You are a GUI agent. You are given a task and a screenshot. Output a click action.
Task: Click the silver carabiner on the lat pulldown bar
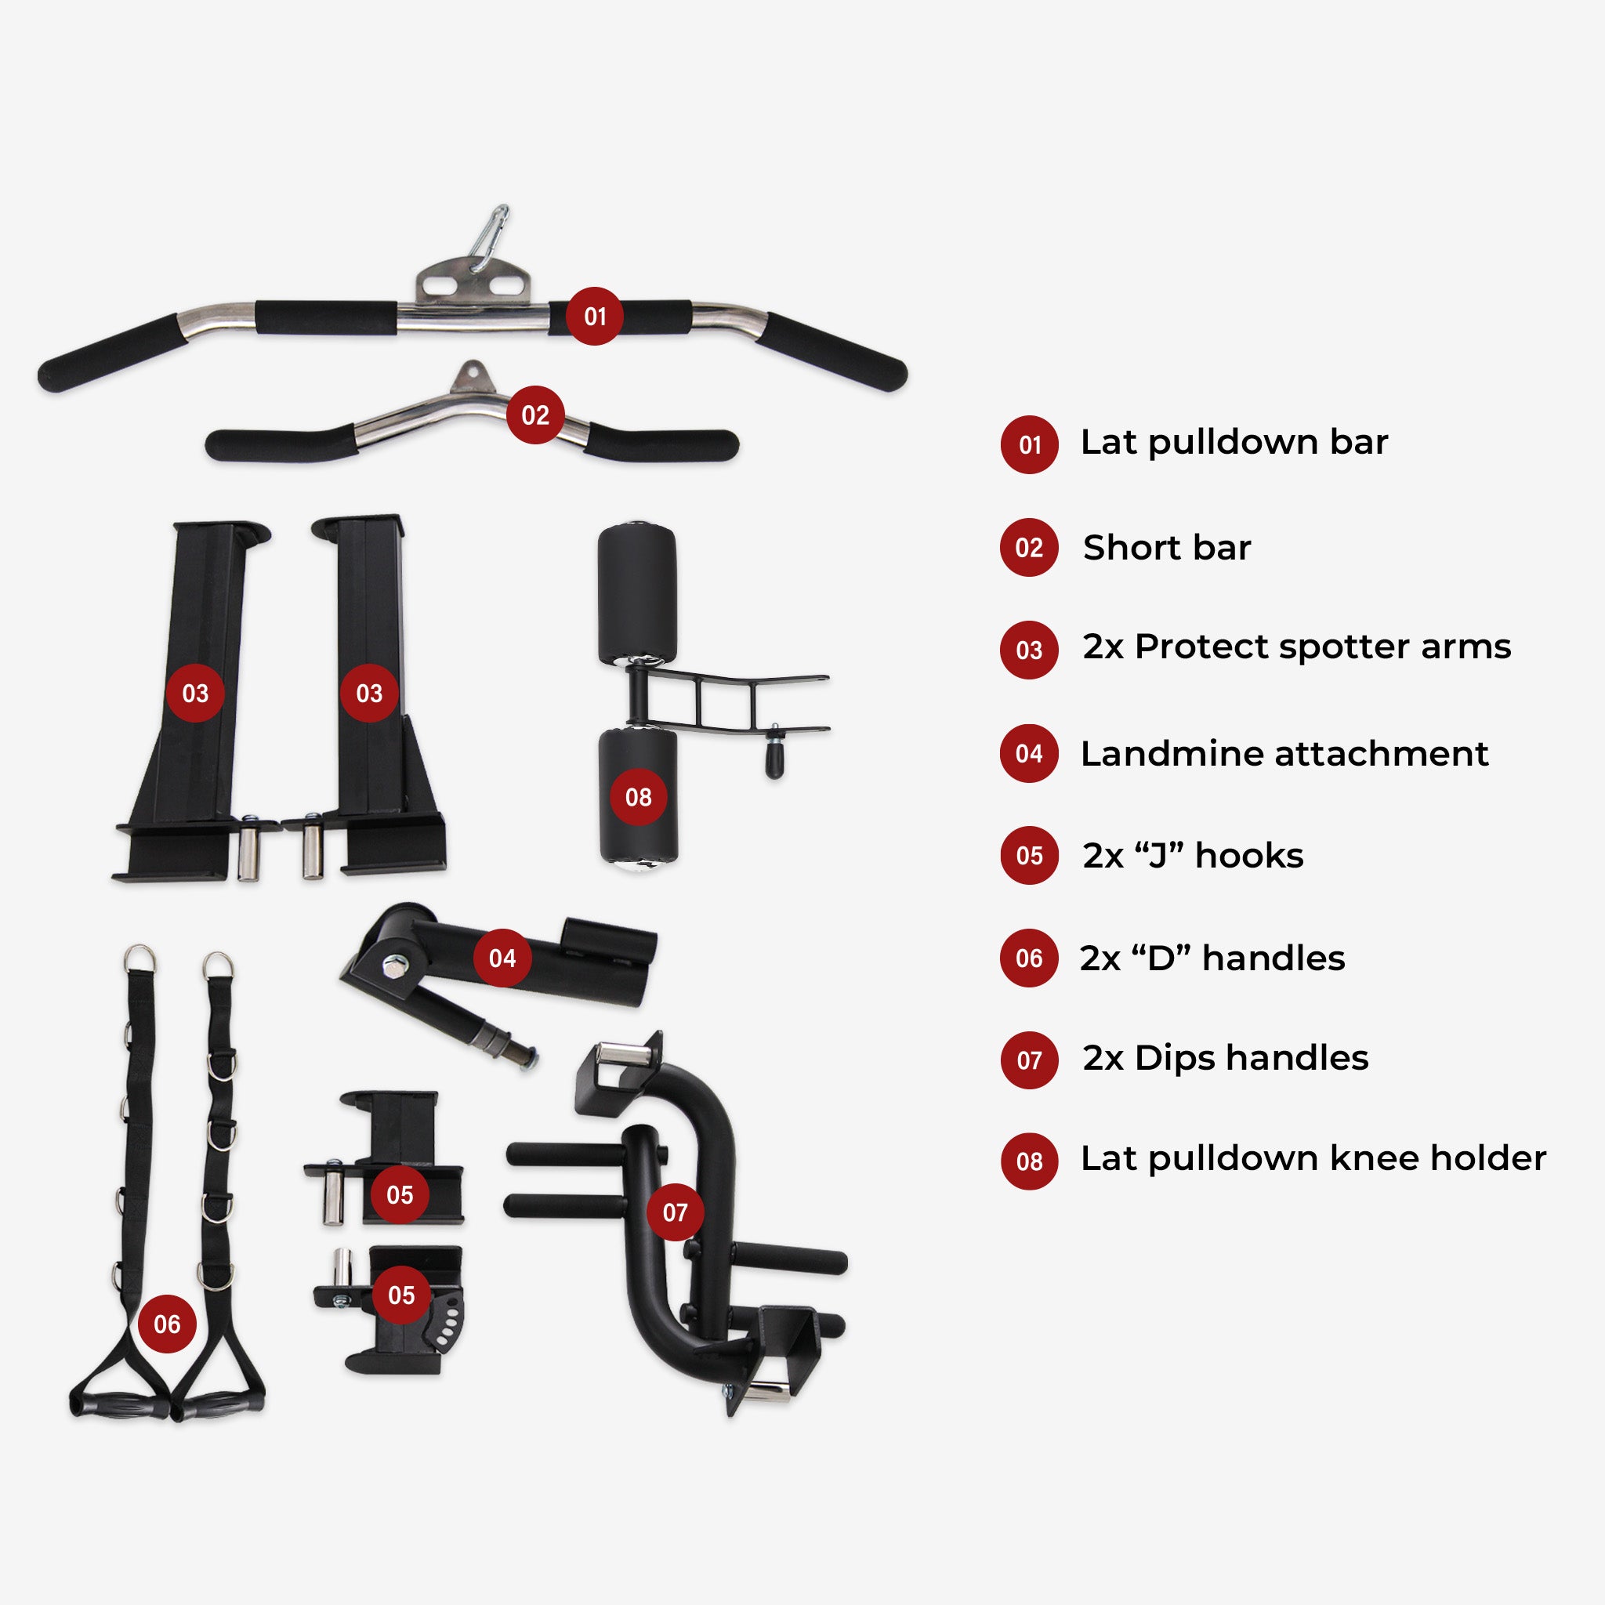coord(487,237)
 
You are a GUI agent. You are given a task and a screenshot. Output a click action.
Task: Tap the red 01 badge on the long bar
coord(595,316)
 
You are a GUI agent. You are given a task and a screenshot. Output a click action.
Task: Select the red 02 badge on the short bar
coord(535,415)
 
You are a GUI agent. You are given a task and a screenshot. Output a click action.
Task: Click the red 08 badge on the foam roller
coord(638,797)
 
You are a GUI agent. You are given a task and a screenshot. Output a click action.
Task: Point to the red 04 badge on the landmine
coord(502,958)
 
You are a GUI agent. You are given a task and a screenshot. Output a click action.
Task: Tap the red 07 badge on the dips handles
coord(676,1212)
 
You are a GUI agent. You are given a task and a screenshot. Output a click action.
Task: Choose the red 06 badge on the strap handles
coord(167,1324)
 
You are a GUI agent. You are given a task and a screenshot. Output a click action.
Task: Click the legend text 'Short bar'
coord(1166,548)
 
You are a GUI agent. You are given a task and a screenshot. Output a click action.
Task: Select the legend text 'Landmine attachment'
coord(1284,753)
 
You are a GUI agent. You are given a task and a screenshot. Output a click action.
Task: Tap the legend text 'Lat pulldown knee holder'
coord(1313,1158)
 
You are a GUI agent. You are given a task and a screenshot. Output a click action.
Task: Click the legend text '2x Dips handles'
coord(1226,1058)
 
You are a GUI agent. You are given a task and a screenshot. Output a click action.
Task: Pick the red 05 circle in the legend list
coord(1029,856)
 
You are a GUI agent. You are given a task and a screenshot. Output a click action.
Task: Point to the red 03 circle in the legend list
coord(1029,650)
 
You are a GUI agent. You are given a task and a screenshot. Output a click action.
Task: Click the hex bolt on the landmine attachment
coord(391,966)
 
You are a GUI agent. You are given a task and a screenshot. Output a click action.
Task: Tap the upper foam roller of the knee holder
coord(636,593)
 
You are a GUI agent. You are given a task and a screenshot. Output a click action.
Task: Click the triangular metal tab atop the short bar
coord(472,376)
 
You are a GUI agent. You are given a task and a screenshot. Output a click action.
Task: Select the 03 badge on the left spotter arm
coord(195,693)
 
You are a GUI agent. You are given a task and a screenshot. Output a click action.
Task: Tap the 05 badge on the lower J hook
coord(401,1295)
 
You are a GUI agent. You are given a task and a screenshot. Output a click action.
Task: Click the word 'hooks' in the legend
coord(1249,856)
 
